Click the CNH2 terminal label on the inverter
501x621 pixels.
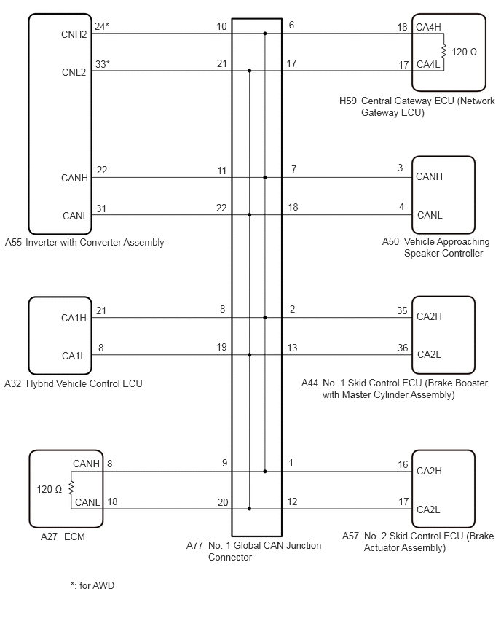74,34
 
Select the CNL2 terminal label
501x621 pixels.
74,72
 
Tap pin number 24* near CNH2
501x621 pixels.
102,26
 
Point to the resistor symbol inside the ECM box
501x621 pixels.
71,488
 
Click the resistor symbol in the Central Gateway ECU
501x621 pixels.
443,51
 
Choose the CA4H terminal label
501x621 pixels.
428,27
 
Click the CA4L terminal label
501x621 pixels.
428,64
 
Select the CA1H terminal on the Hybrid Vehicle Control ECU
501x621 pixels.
74,318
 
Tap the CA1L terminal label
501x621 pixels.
74,356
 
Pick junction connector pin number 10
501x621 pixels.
221,26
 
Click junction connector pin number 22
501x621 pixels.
221,208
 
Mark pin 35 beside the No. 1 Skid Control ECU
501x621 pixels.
402,310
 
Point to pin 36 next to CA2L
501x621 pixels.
403,348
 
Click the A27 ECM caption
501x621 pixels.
63,536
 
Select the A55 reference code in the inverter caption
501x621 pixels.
13,242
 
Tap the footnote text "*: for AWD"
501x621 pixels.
92,585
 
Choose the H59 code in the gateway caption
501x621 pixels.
348,101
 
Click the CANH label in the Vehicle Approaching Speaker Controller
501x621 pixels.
429,176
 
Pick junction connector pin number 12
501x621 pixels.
292,501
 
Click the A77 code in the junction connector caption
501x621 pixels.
194,545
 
